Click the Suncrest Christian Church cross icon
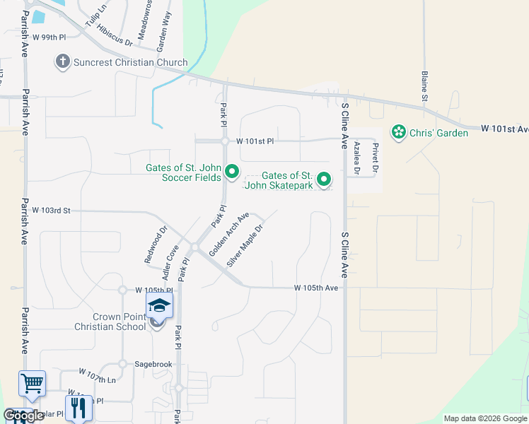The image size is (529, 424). [x=62, y=62]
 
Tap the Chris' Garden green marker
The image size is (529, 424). [x=398, y=132]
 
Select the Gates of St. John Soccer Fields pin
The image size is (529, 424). [x=231, y=172]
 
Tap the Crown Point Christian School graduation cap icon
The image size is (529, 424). [x=159, y=307]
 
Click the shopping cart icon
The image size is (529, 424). [x=32, y=384]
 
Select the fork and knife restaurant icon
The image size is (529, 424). [x=79, y=408]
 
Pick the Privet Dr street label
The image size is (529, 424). [x=376, y=157]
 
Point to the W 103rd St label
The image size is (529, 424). [x=52, y=211]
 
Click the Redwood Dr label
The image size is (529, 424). [x=156, y=245]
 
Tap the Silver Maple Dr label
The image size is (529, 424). [x=245, y=246]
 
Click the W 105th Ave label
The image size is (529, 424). [x=316, y=288]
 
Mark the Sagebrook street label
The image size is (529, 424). [x=148, y=364]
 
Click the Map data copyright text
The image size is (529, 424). [x=486, y=418]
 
